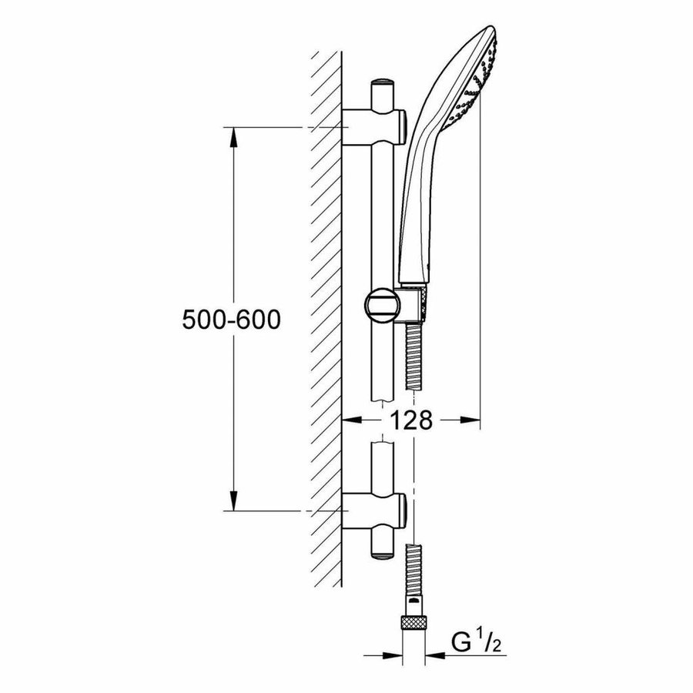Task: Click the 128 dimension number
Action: point(410,421)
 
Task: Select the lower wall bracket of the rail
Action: point(373,510)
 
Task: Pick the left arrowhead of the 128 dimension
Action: point(350,420)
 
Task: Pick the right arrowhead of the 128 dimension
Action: point(471,420)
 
